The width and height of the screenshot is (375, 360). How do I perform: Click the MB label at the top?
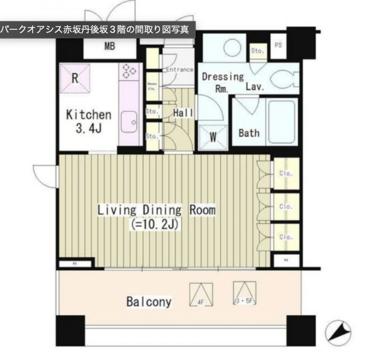(x=110, y=46)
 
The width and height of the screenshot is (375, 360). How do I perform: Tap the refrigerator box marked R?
(x=75, y=78)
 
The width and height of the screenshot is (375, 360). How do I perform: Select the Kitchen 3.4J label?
(x=88, y=121)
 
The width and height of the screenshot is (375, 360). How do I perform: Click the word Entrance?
(x=180, y=69)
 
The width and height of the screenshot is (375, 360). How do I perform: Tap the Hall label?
(x=183, y=113)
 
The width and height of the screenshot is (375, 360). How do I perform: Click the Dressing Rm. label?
(x=223, y=82)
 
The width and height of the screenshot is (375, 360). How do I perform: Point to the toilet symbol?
(x=285, y=80)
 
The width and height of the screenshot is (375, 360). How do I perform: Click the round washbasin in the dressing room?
(x=231, y=48)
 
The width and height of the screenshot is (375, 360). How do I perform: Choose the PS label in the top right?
(x=279, y=44)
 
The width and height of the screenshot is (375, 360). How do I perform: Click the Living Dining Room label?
(x=156, y=210)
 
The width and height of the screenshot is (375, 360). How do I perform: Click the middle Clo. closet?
(x=286, y=207)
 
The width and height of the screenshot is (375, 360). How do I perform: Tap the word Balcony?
(x=149, y=302)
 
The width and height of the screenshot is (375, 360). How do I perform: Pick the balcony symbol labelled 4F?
(x=201, y=295)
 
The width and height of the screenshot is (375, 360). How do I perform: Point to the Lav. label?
(x=255, y=87)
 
